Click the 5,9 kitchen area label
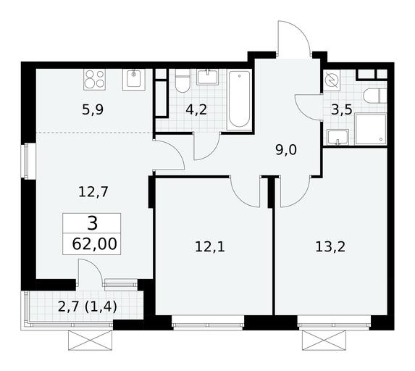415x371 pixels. (93, 110)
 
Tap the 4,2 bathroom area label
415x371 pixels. (196, 109)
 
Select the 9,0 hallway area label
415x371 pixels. (286, 150)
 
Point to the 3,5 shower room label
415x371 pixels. (342, 109)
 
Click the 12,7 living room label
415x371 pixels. (93, 192)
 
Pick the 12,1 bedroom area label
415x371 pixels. (210, 247)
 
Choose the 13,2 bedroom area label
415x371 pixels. (330, 247)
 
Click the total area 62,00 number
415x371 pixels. (94, 244)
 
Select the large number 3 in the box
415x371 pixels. (92, 223)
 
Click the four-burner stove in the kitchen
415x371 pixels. (94, 80)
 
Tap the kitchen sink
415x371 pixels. (134, 80)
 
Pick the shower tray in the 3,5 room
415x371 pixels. (371, 129)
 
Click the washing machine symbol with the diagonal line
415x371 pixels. (332, 80)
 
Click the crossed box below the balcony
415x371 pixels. (91, 341)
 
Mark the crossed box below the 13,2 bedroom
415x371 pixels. (324, 341)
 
